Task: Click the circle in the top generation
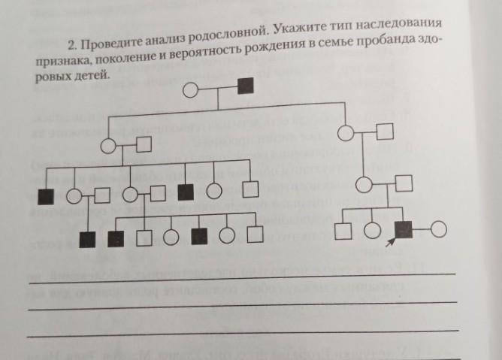[x=192, y=92]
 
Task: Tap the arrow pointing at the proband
[x=390, y=243]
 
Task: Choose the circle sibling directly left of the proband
[x=372, y=231]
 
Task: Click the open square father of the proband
[x=404, y=184]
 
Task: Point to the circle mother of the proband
[x=365, y=185]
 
